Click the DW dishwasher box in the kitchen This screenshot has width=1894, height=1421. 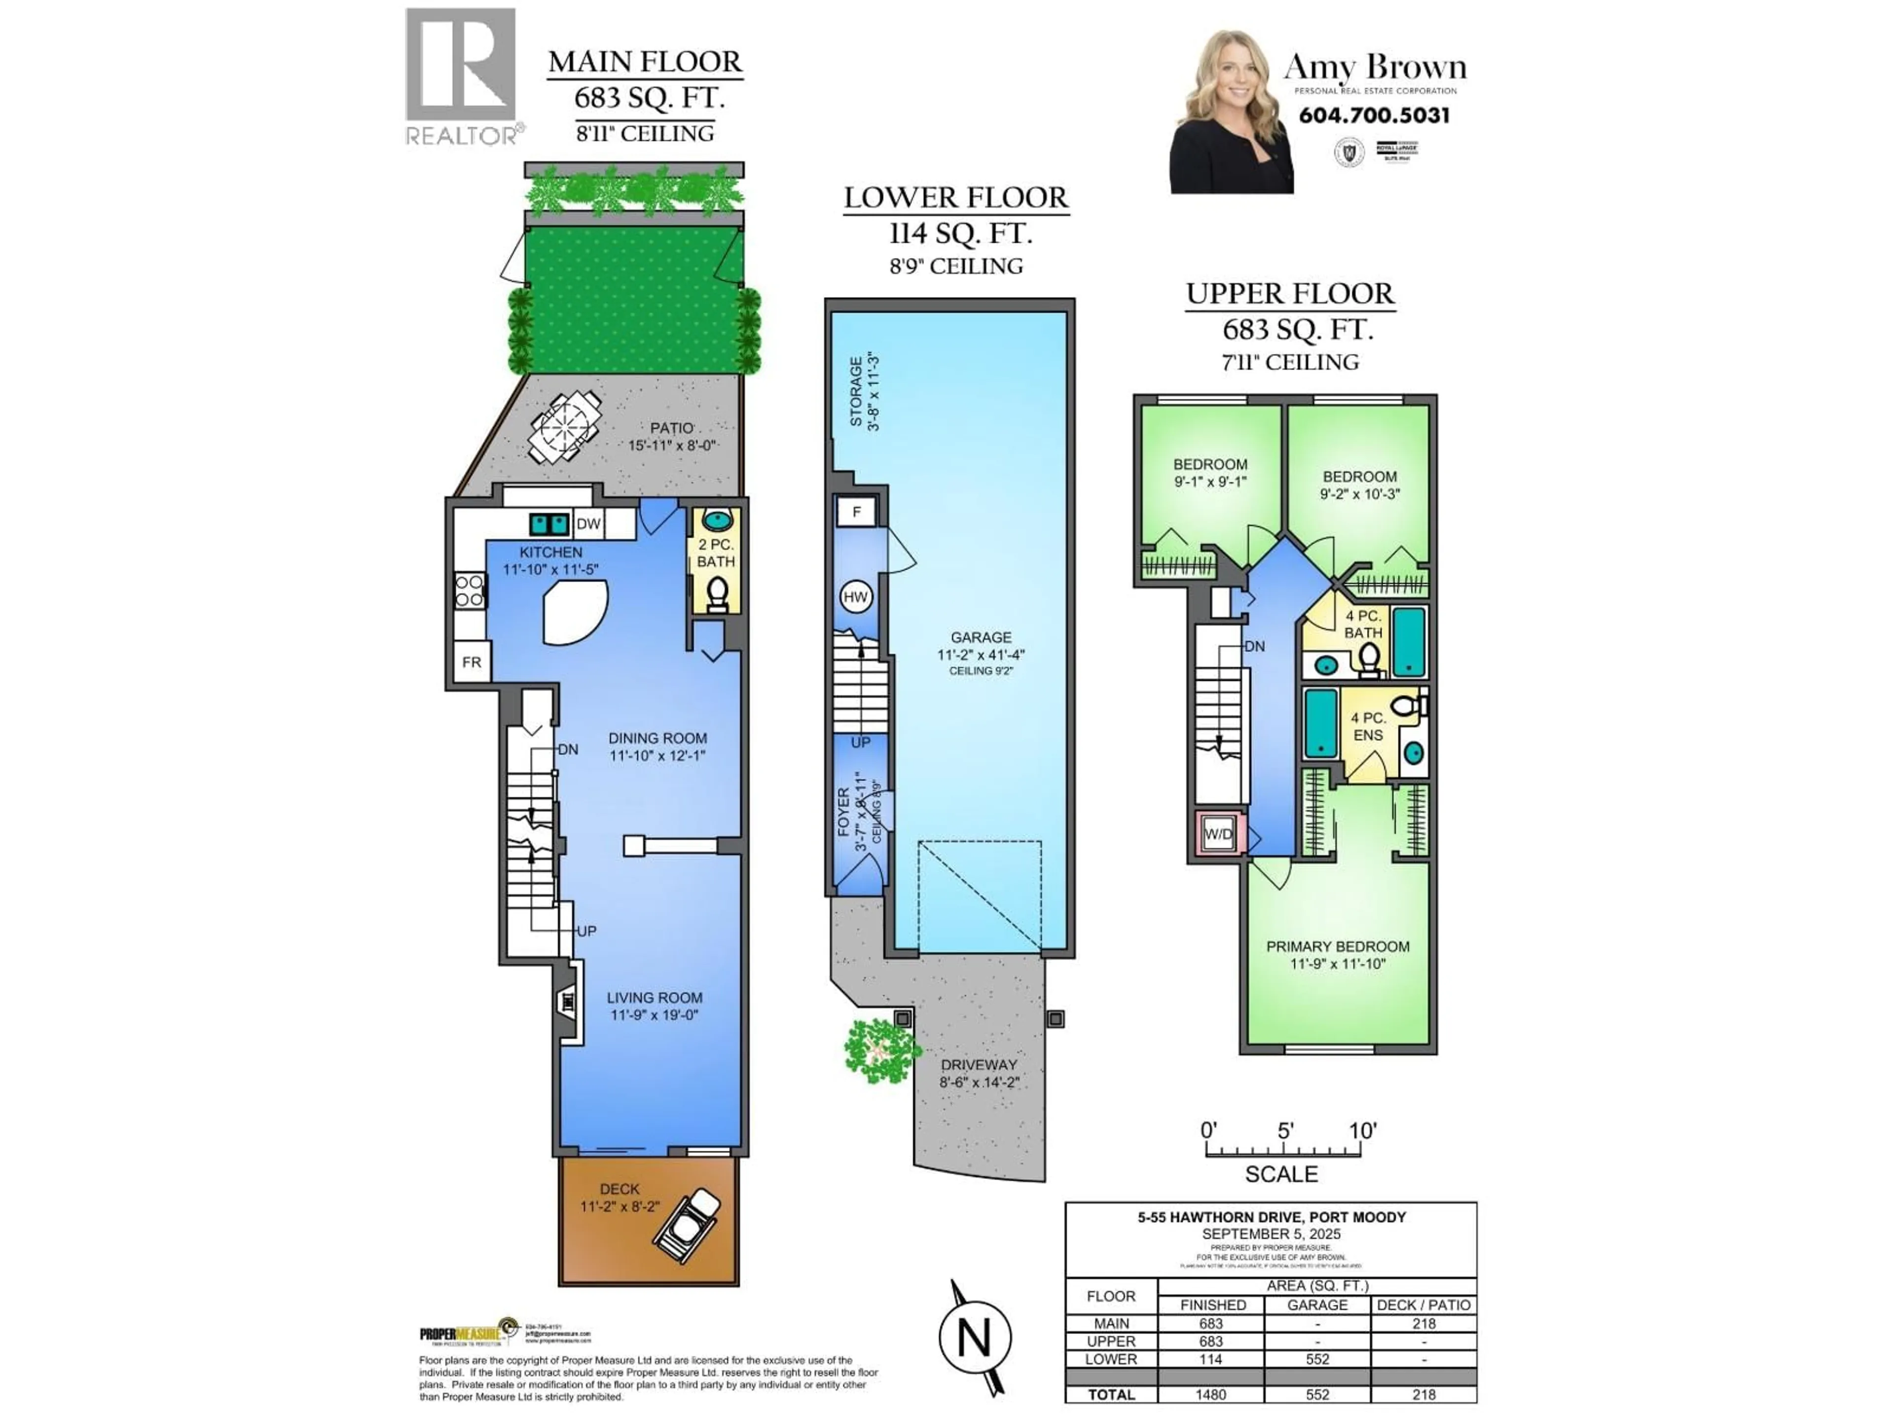[x=588, y=524]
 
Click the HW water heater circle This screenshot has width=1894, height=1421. [x=855, y=597]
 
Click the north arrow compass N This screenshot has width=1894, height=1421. [x=975, y=1337]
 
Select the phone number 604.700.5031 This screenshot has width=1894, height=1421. [x=1374, y=115]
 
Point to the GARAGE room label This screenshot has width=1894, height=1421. [x=981, y=637]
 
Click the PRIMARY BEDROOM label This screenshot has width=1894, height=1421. [x=1338, y=946]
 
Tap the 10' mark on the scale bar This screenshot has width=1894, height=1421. [x=1361, y=1131]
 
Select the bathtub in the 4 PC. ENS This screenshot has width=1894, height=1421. [x=1320, y=724]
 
